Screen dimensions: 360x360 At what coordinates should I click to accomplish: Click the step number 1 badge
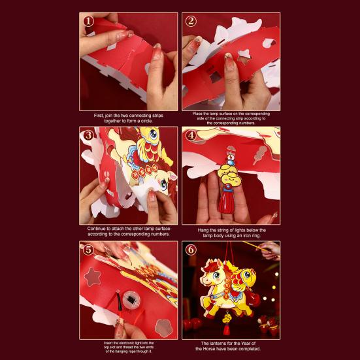pos(88,21)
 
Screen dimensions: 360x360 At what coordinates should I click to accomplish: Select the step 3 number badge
pos(88,136)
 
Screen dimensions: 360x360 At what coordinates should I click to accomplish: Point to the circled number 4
pos(191,136)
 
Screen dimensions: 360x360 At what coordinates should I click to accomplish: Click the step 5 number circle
pos(88,250)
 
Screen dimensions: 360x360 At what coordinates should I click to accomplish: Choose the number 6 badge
pos(191,250)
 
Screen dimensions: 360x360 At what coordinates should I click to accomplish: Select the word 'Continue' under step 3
pos(98,229)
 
